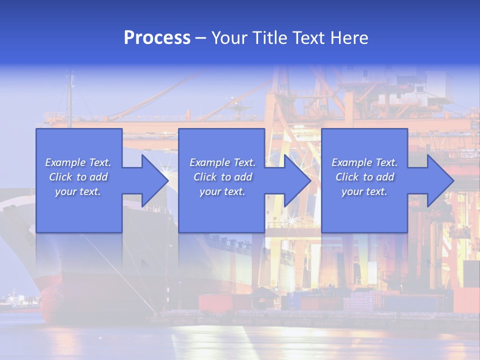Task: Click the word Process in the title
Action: point(157,38)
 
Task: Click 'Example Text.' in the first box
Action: point(78,162)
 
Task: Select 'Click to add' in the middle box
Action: point(222,177)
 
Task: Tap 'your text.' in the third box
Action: point(364,191)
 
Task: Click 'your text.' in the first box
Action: point(78,191)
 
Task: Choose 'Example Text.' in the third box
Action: point(364,162)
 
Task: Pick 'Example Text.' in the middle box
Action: point(222,162)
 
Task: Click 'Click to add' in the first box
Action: point(78,177)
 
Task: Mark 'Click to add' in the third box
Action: point(364,177)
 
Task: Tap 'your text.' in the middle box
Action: point(222,191)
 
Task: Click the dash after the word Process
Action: point(200,38)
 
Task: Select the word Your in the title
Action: point(229,38)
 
